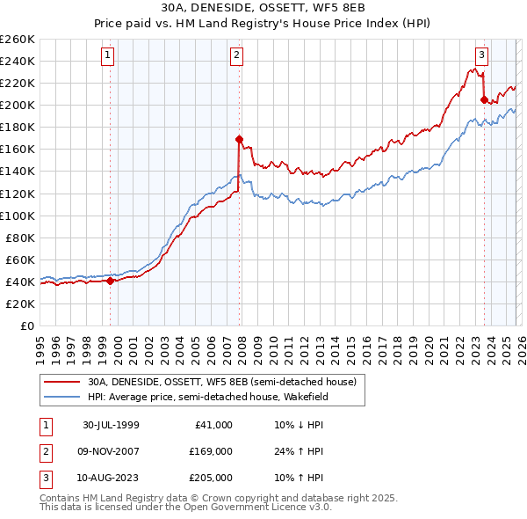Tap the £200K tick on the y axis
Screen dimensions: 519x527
18,105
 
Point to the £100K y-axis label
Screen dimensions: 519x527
18,216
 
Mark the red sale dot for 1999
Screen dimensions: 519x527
111,281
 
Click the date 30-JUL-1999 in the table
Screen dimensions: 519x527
111,425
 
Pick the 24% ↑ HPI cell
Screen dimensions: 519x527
299,451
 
